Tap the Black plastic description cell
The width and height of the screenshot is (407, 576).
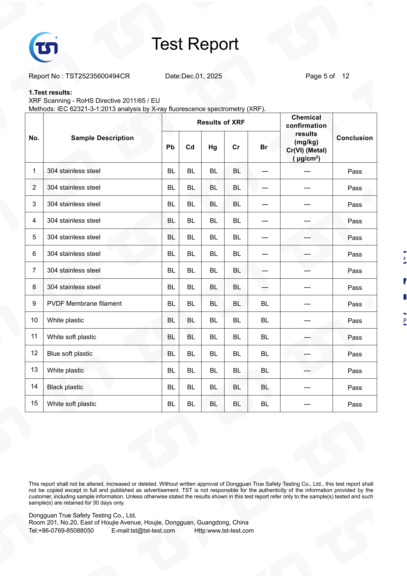pos(65,387)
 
